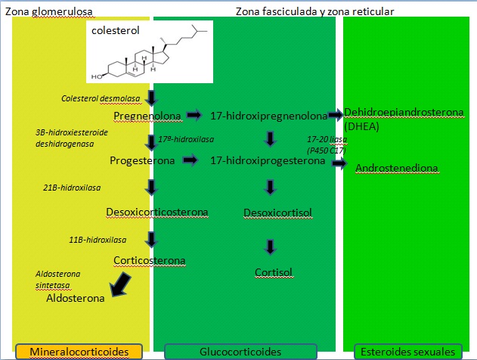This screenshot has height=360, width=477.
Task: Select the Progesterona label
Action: tap(142, 160)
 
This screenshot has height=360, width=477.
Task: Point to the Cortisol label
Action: tap(273, 272)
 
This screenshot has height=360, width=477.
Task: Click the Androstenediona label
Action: tap(398, 167)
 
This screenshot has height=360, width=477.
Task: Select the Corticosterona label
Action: tap(150, 260)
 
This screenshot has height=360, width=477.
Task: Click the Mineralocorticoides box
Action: tap(78, 352)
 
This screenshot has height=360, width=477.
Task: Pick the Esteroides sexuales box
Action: tap(408, 352)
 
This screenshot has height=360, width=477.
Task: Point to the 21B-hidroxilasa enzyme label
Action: tap(72, 188)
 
